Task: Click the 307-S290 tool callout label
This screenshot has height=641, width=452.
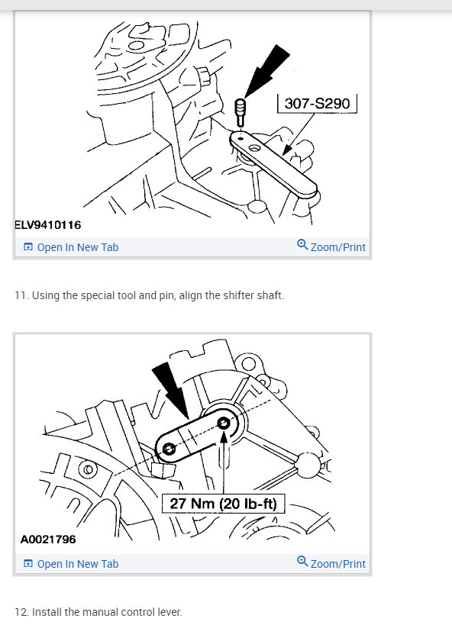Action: pos(316,103)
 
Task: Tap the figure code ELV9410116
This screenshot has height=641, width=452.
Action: pos(48,225)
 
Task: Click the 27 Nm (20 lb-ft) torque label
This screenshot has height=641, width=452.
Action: pos(223,504)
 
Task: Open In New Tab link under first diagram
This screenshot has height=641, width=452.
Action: pos(77,247)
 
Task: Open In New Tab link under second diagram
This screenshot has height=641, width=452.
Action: pos(77,564)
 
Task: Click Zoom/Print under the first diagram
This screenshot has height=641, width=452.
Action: pos(337,247)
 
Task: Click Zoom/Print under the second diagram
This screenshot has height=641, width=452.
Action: pos(337,564)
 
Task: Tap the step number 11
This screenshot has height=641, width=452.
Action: pos(20,295)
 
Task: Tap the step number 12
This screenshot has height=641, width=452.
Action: pos(21,612)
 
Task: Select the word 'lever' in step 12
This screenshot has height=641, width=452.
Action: pos(169,612)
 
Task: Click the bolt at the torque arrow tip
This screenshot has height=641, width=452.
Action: pos(224,422)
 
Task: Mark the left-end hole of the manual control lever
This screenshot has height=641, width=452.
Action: pos(169,449)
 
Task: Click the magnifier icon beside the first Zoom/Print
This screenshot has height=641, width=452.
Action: pos(302,246)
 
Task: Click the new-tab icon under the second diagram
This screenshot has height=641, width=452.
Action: pos(28,564)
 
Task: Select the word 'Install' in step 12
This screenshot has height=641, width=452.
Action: pos(46,612)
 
